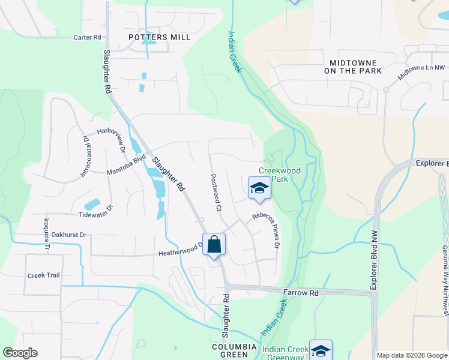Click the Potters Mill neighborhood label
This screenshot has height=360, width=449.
(x=160, y=37)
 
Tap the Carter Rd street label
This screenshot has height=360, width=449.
(x=88, y=37)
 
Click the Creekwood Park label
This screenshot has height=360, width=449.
(x=279, y=175)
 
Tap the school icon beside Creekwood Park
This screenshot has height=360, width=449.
(x=259, y=188)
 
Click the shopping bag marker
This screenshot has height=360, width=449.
(x=214, y=245)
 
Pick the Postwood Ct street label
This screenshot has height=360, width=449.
(x=216, y=193)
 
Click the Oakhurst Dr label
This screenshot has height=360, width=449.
(x=69, y=235)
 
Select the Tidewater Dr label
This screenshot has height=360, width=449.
(x=95, y=214)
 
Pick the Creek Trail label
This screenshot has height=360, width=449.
(x=44, y=275)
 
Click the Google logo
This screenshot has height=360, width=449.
(x=20, y=353)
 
